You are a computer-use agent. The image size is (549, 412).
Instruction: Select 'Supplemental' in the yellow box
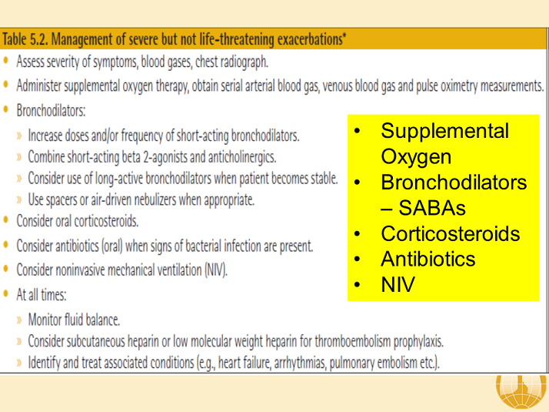tap(444, 131)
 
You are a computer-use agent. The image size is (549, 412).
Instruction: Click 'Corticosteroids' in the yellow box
tap(450, 234)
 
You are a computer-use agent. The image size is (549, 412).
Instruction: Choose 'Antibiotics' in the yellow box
tap(428, 260)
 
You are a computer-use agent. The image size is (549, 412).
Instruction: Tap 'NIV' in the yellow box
tap(398, 285)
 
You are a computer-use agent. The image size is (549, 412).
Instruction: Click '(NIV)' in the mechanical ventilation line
tap(214, 270)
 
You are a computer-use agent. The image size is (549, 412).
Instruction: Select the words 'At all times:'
tap(42, 294)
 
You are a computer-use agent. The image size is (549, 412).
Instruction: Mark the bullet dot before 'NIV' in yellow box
tap(358, 286)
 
